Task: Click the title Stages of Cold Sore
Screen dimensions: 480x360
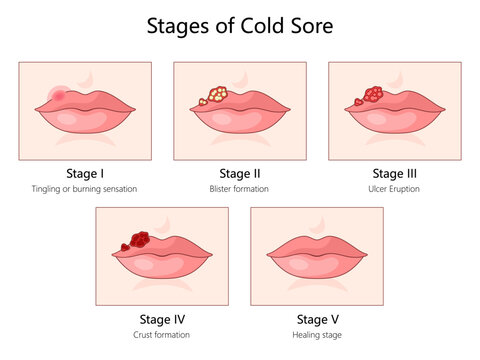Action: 239,25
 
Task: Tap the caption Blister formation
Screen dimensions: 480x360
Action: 239,188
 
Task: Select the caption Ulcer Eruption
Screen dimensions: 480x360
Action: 394,188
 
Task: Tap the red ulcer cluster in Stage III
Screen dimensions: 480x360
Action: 369,97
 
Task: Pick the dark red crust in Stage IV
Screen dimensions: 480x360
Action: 134,241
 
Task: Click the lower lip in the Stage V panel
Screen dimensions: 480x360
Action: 317,269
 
